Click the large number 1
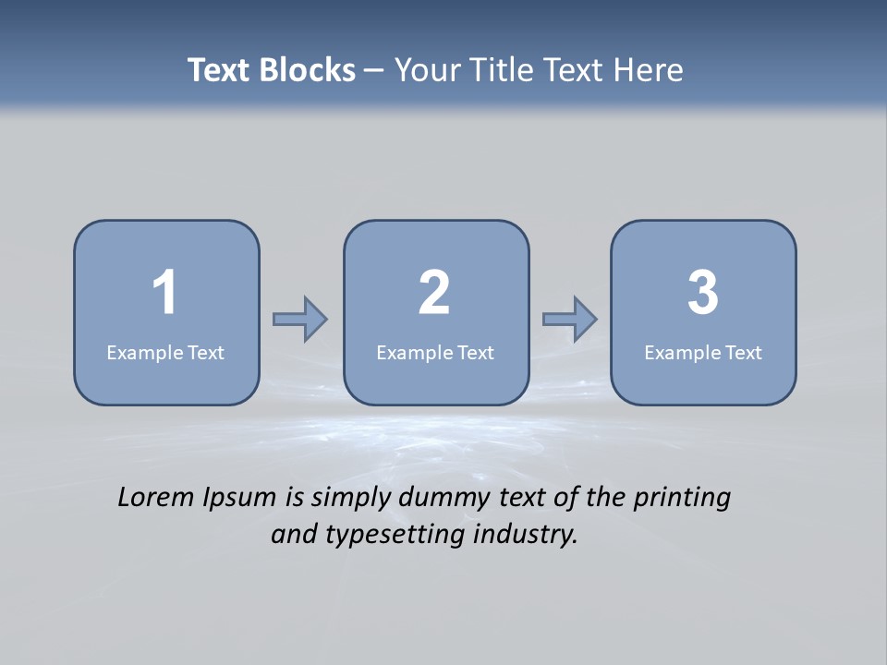[x=164, y=293]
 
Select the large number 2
[x=434, y=293]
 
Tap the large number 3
[x=703, y=293]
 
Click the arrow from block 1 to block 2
[x=300, y=319]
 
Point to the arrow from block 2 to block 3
[x=570, y=319]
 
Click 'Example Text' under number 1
[x=165, y=352]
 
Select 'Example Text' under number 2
[x=435, y=352]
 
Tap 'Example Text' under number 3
[x=703, y=352]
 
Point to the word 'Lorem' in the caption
[x=156, y=497]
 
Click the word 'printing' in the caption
[x=682, y=498]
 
